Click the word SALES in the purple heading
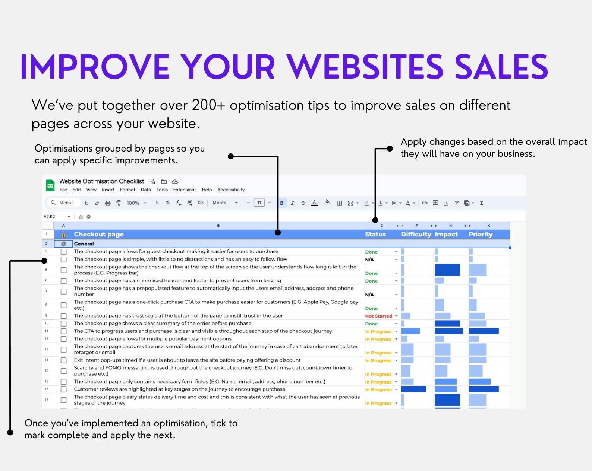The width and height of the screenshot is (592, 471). [x=501, y=67]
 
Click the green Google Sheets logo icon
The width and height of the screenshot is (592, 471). [x=50, y=185]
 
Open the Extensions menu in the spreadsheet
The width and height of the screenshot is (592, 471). [x=185, y=190]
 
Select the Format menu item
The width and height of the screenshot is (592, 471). [x=127, y=190]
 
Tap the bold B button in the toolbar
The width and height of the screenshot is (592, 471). [x=282, y=203]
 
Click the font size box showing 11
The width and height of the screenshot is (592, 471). [x=259, y=203]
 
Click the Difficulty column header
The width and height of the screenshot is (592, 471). [x=416, y=234]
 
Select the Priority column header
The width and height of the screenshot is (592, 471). [x=481, y=234]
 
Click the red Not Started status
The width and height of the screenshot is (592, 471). [x=378, y=316]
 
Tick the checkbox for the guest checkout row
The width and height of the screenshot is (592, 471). [x=64, y=252]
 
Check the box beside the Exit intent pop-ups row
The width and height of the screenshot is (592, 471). [x=64, y=360]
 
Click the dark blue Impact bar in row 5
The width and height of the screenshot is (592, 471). [x=447, y=270]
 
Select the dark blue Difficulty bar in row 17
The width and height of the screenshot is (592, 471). [x=413, y=389]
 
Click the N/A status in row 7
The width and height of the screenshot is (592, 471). [x=369, y=295]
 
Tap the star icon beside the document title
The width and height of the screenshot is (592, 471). [x=153, y=182]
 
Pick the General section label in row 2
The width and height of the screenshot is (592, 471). [x=84, y=244]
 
